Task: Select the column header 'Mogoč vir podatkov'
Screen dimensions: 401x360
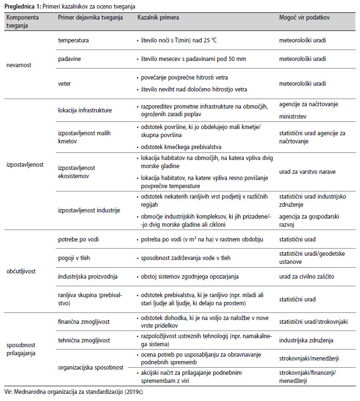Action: click(304, 17)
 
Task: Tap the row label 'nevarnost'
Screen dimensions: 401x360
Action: click(19, 65)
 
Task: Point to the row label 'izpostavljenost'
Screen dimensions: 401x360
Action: click(25, 165)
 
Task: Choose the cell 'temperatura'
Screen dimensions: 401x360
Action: click(73, 41)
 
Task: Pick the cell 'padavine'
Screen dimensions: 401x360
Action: click(70, 59)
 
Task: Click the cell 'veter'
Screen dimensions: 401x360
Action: click(64, 84)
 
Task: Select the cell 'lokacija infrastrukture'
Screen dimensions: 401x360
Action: click(85, 110)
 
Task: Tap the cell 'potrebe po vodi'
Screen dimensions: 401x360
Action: click(79, 239)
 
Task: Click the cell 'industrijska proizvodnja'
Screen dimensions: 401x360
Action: click(87, 276)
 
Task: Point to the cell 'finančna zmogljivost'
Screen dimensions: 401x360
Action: click(83, 322)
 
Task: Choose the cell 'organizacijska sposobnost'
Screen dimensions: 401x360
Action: click(91, 367)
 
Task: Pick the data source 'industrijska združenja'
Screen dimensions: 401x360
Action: click(306, 341)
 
